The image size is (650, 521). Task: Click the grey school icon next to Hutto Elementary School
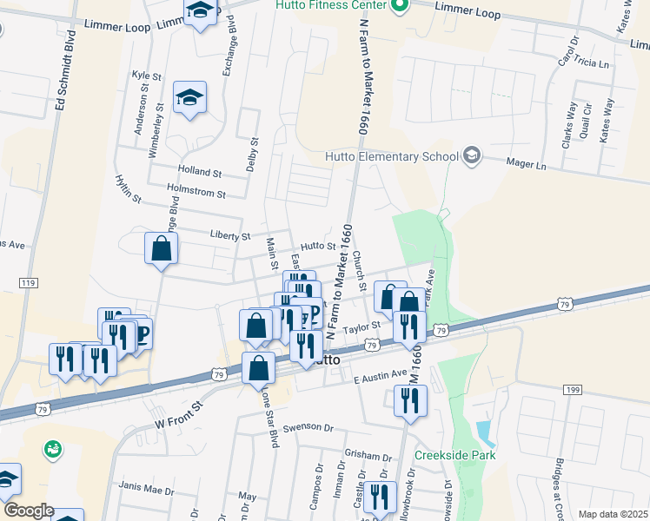pos(472,156)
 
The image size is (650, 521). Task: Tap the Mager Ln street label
pos(527,164)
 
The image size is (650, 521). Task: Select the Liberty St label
pos(230,235)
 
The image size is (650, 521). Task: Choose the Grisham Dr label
pos(368,456)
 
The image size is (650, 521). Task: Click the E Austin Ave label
pos(381,375)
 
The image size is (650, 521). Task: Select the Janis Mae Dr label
pos(147,491)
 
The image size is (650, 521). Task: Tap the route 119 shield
pos(29,284)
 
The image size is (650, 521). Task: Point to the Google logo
pos(29,510)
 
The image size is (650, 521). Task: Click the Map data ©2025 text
pos(613,514)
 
